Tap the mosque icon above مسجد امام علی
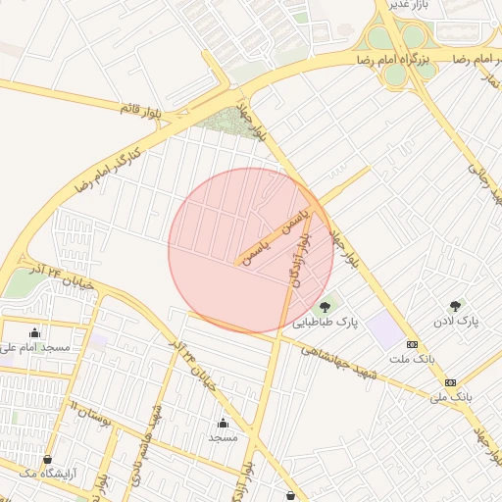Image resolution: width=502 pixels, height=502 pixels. [36, 333]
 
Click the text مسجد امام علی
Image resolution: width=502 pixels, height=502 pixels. [35, 347]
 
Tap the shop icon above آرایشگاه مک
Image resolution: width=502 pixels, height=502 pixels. [47, 460]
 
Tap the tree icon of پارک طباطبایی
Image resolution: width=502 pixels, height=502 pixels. [325, 307]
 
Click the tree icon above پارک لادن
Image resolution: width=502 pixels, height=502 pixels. [454, 307]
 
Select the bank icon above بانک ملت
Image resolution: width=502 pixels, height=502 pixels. [412, 345]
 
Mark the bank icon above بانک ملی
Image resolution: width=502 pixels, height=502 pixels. [450, 382]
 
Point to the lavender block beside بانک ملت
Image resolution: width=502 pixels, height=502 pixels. [387, 331]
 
